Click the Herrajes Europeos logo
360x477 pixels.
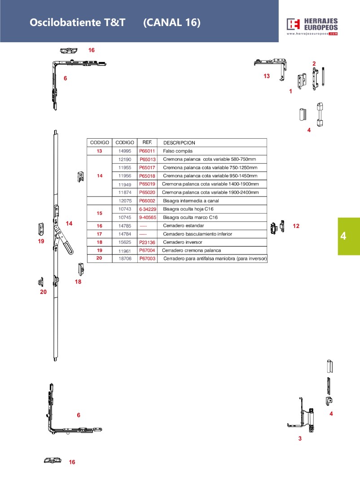tap(312, 26)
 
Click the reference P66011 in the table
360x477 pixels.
tap(147, 151)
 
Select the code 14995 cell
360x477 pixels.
tap(124, 151)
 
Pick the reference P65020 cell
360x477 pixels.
tap(147, 193)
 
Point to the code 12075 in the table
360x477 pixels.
tap(124, 201)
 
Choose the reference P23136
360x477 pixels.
tap(147, 242)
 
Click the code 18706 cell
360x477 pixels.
tap(124, 259)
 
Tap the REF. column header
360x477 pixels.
tap(147, 142)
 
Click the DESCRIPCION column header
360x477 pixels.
tap(179, 143)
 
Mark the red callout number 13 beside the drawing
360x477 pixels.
tap(267, 76)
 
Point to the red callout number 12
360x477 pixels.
tap(296, 226)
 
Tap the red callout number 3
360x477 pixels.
tap(300, 438)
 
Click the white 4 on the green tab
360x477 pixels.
tap(343, 236)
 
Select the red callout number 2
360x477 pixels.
tap(314, 63)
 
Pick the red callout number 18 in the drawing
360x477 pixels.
tap(78, 282)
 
